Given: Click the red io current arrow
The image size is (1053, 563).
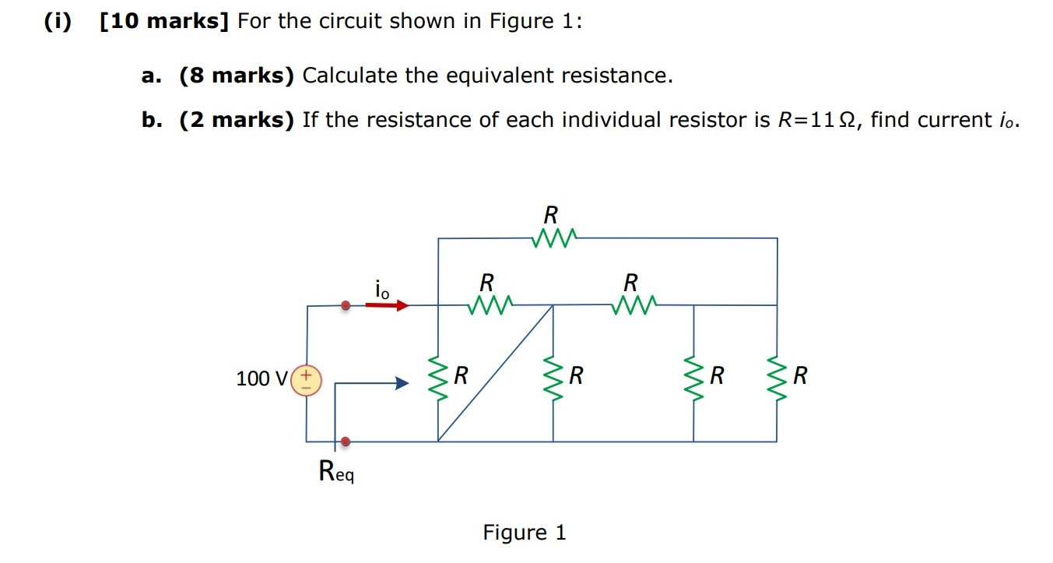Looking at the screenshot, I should pos(387,305).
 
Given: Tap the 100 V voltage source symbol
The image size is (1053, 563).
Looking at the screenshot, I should pos(306,379).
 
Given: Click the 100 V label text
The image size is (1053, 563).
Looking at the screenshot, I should pos(261,379).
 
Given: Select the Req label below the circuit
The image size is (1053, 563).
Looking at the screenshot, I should pos(336,472).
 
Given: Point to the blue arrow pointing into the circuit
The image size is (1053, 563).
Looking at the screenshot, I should pos(374,383).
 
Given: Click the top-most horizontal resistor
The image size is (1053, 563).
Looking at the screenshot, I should pos(554,237).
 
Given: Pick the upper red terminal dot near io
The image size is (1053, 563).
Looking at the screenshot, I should pos(346,306).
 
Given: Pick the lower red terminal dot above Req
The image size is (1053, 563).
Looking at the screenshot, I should pos(346,442).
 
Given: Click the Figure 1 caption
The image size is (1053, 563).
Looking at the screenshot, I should pos(525,533).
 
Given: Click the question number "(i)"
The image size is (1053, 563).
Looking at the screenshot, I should pos(56,21).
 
